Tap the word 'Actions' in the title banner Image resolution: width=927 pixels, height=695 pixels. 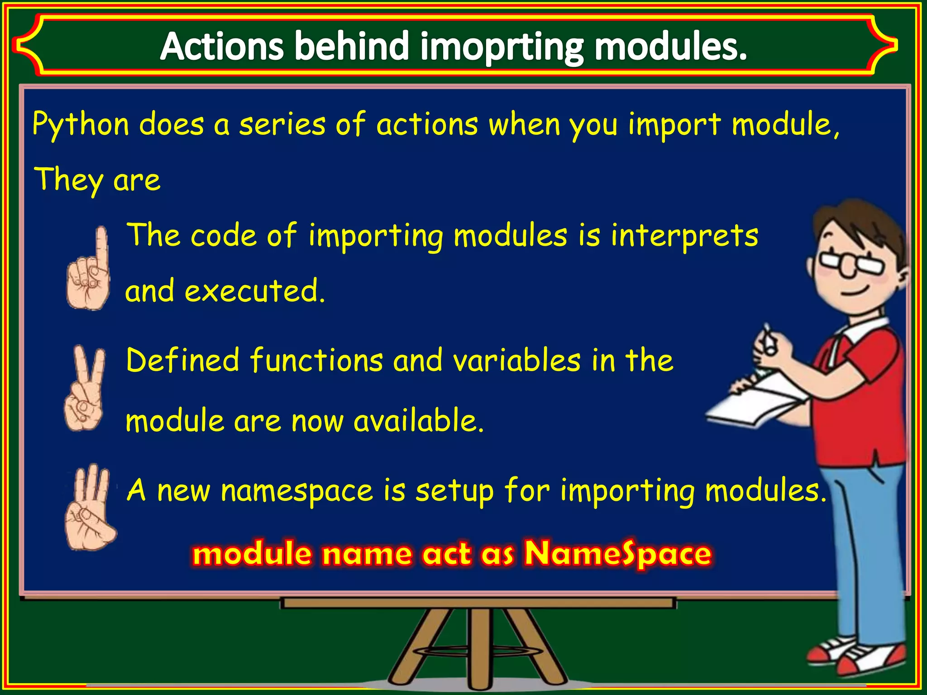[x=222, y=46]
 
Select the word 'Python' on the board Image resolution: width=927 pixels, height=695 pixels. [x=81, y=125]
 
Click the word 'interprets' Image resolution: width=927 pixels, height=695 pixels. [x=684, y=236]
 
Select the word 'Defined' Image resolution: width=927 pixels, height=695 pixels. [x=182, y=360]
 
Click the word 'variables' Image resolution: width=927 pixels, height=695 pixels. [x=516, y=360]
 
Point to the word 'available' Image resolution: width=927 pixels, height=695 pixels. [x=418, y=421]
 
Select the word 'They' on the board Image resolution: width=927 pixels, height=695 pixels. [x=68, y=180]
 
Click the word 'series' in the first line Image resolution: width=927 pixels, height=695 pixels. [x=282, y=125]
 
